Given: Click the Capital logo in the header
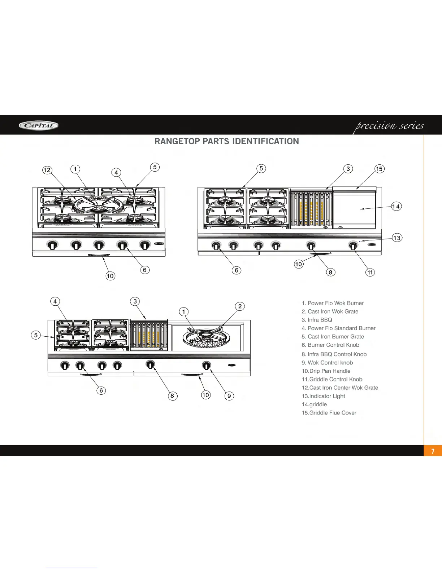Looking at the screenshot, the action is click(39, 125).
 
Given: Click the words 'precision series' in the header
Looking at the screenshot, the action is click(390, 126).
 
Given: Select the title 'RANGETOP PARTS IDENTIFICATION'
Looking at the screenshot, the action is click(226, 141).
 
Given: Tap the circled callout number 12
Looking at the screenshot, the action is click(47, 170).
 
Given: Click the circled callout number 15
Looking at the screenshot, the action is click(379, 169).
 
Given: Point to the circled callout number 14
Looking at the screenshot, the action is click(396, 206).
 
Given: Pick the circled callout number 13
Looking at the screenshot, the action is click(397, 238).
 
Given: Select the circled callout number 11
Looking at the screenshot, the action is click(370, 272).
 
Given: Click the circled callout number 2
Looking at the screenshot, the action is click(240, 306).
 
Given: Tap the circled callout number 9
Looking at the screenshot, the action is click(229, 395).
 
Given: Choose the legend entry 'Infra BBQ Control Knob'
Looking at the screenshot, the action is click(334, 354).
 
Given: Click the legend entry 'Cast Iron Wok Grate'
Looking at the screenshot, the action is click(330, 311).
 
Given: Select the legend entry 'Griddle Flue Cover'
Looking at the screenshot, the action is click(329, 413).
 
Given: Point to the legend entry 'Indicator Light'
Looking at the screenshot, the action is click(323, 396).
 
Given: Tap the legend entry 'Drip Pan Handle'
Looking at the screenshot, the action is click(326, 371).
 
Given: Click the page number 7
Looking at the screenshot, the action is click(433, 451).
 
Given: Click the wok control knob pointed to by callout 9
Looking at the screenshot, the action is click(207, 366).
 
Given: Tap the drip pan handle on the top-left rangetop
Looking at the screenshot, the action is click(99, 255).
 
